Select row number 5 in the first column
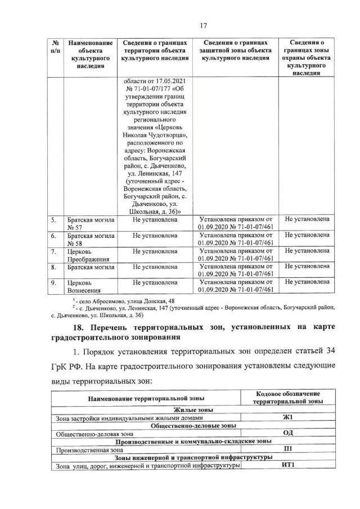[53, 219]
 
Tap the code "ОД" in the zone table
[289, 434]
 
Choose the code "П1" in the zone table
[289, 449]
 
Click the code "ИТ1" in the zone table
[289, 465]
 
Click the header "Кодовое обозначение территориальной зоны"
[288, 398]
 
